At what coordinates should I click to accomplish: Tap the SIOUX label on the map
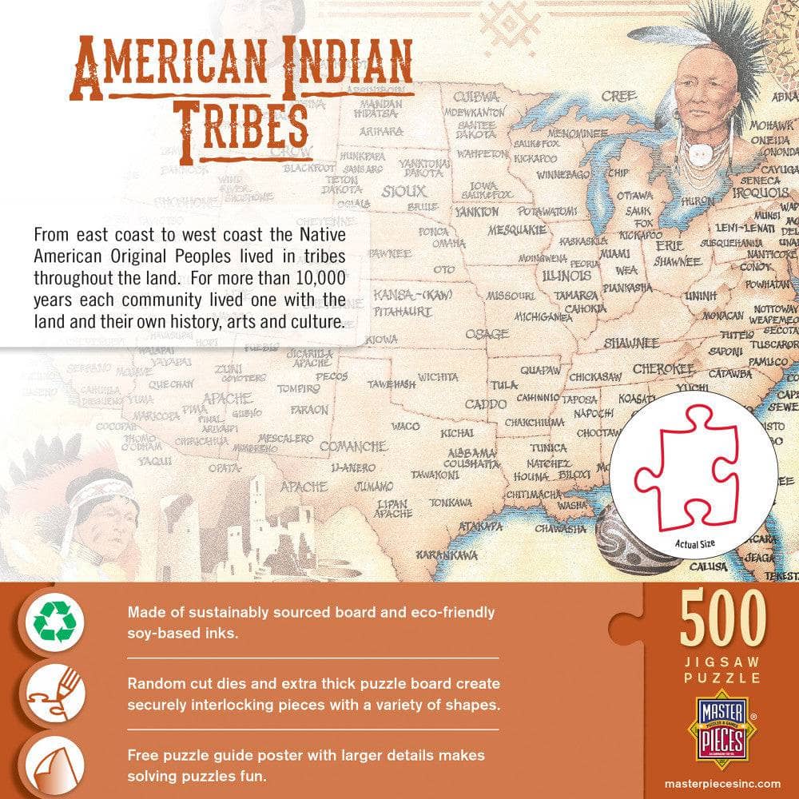403,192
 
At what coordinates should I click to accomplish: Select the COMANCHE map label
352,446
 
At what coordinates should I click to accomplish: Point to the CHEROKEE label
663,369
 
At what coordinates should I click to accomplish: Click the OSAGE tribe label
487,333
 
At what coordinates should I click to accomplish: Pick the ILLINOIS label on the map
566,276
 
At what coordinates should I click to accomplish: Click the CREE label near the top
618,97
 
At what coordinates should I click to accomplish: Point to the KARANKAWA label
447,555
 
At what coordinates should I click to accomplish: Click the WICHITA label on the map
438,376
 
